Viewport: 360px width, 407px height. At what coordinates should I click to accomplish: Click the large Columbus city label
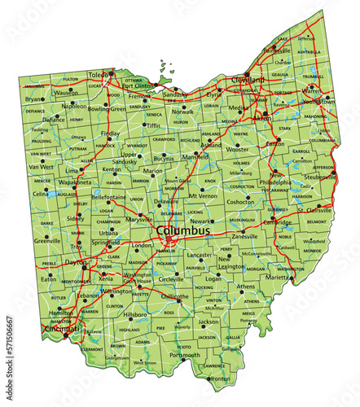point(182,231)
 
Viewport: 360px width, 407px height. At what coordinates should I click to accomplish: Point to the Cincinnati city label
point(62,329)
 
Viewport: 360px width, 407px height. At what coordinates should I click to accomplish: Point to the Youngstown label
point(319,102)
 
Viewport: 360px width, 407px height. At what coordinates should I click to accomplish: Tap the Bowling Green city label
point(107,108)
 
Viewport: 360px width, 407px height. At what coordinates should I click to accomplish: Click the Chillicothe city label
point(176,297)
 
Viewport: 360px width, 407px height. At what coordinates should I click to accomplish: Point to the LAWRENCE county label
point(214,365)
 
